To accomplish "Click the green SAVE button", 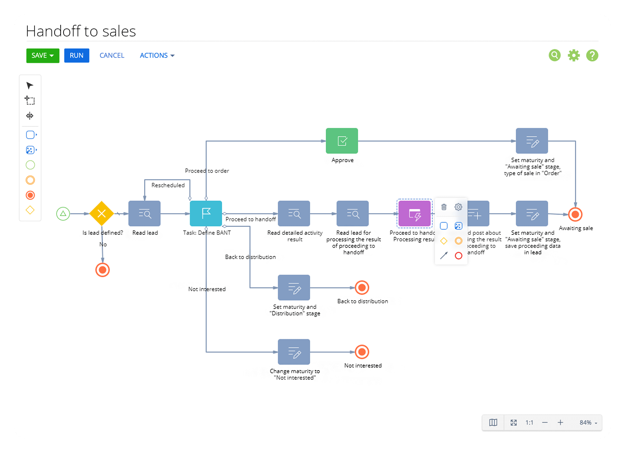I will [x=42, y=56].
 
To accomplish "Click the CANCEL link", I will [x=112, y=56].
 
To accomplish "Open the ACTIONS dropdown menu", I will [x=157, y=56].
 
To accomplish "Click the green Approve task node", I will [x=342, y=141].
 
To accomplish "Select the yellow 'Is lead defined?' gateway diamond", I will [x=102, y=214].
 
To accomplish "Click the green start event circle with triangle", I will [x=63, y=214].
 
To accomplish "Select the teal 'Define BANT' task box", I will [x=206, y=214].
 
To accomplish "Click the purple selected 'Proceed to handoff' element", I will [x=414, y=214].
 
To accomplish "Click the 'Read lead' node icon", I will [x=145, y=214].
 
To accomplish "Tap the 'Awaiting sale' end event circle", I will [x=575, y=215].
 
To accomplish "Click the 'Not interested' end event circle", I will [x=362, y=352].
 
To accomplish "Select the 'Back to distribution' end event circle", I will [x=362, y=287].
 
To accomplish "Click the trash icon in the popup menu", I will [x=444, y=207].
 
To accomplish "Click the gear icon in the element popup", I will [x=458, y=207].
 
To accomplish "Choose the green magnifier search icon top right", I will [x=554, y=55].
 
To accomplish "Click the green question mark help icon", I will [x=592, y=55].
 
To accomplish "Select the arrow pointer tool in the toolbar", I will [x=30, y=86].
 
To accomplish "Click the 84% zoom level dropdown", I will [x=588, y=423].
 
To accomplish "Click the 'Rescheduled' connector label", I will [x=168, y=185].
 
